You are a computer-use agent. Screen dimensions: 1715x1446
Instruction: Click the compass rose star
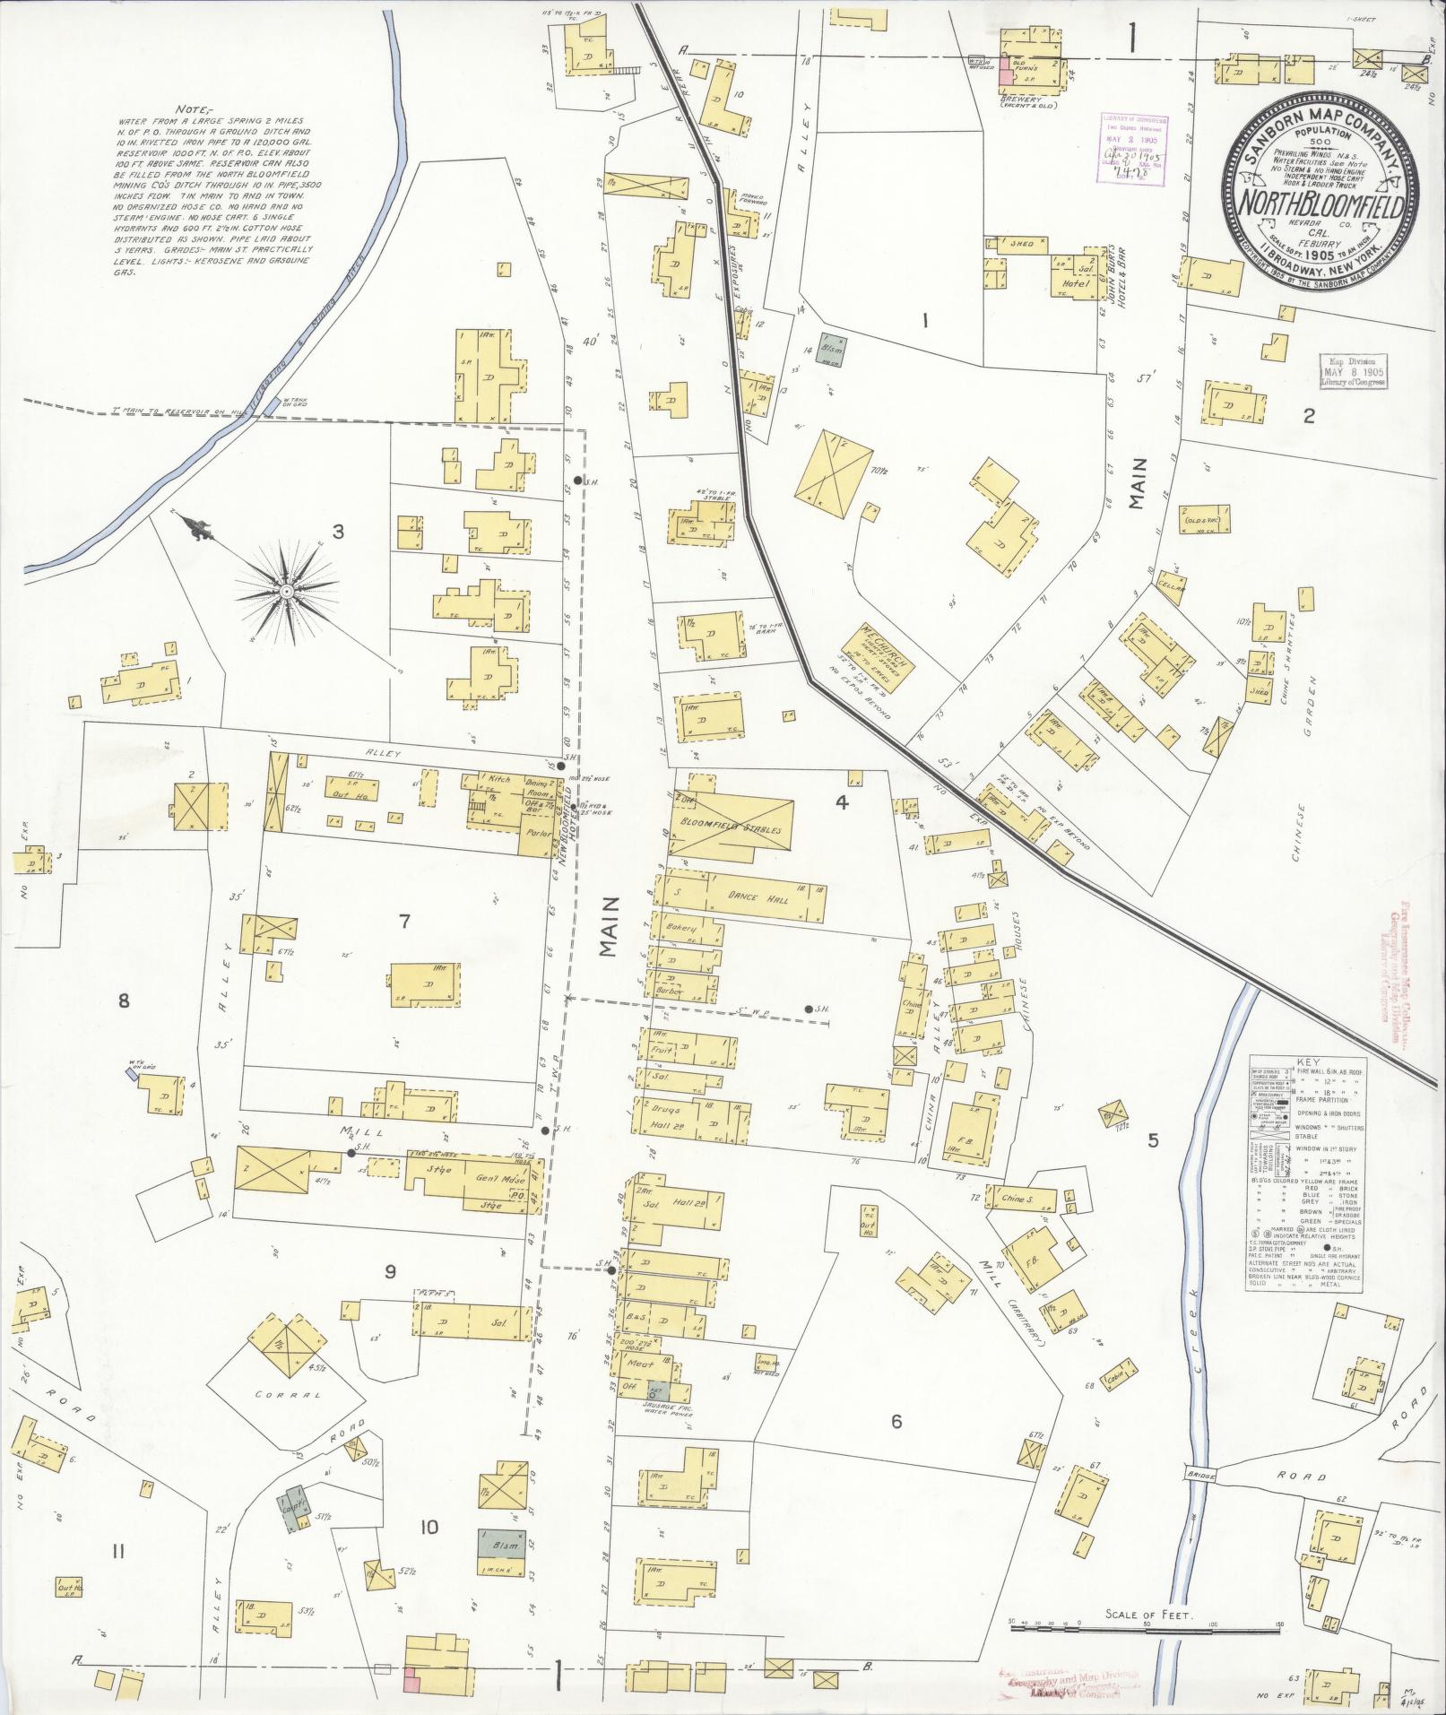pos(286,592)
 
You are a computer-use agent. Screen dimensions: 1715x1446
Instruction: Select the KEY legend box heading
pos(1308,1061)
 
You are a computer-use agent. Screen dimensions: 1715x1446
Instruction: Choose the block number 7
pos(404,921)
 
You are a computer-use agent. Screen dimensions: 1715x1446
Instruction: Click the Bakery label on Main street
pos(680,929)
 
